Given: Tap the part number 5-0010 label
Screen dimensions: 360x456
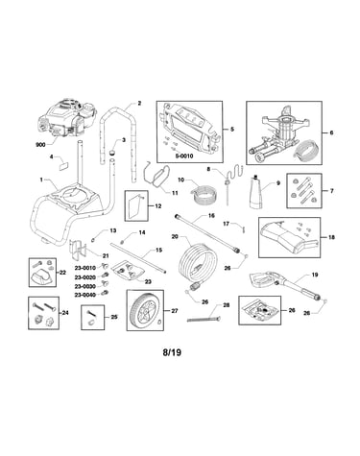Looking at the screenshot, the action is [185, 156].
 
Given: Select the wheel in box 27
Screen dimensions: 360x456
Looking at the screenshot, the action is [145, 309].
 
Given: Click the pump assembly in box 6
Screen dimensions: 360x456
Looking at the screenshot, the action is [281, 133].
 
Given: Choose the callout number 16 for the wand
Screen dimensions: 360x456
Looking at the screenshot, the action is [211, 216].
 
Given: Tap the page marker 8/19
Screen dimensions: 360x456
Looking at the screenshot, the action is [172, 352].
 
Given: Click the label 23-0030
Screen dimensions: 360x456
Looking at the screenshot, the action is [85, 287].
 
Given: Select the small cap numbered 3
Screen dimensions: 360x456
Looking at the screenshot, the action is [112, 152].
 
